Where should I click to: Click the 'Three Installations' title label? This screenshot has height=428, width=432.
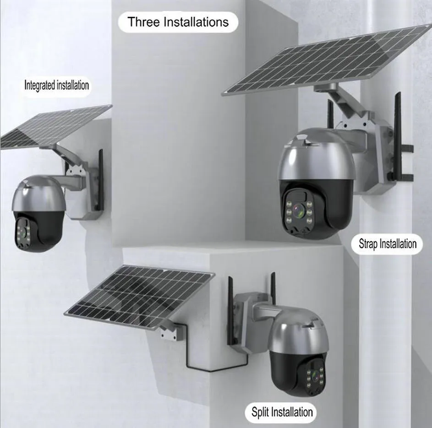point(178,22)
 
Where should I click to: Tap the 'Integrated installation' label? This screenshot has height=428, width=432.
point(56,85)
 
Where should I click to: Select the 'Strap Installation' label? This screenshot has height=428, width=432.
point(387,244)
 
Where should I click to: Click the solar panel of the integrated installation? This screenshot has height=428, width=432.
point(55,127)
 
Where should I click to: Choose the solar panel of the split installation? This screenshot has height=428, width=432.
point(140,297)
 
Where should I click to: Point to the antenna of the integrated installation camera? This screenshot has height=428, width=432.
point(100,180)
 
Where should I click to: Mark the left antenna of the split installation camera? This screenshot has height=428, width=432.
point(230,310)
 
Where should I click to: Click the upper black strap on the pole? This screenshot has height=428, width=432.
point(407,149)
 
